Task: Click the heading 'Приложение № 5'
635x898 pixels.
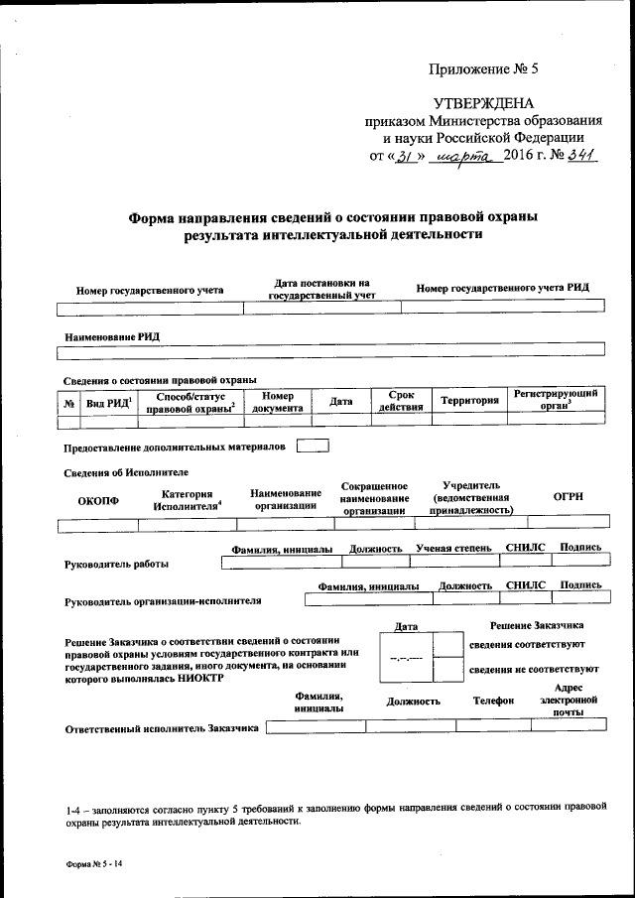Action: (x=481, y=69)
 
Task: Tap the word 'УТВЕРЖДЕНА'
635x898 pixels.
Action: (x=483, y=103)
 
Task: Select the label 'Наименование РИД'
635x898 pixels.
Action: (x=112, y=336)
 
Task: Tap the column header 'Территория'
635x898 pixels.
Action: (x=469, y=401)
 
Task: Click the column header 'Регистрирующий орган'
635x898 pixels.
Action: (x=556, y=400)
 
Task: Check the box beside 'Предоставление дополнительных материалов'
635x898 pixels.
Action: (x=313, y=446)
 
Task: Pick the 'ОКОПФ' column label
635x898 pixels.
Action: (x=98, y=500)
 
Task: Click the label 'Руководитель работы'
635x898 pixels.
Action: (x=115, y=564)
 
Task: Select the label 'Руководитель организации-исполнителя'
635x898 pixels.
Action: (x=163, y=600)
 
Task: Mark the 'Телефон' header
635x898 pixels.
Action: (x=493, y=701)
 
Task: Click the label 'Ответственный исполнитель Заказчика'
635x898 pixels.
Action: (x=162, y=727)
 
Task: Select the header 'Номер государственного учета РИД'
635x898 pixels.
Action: (x=503, y=288)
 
